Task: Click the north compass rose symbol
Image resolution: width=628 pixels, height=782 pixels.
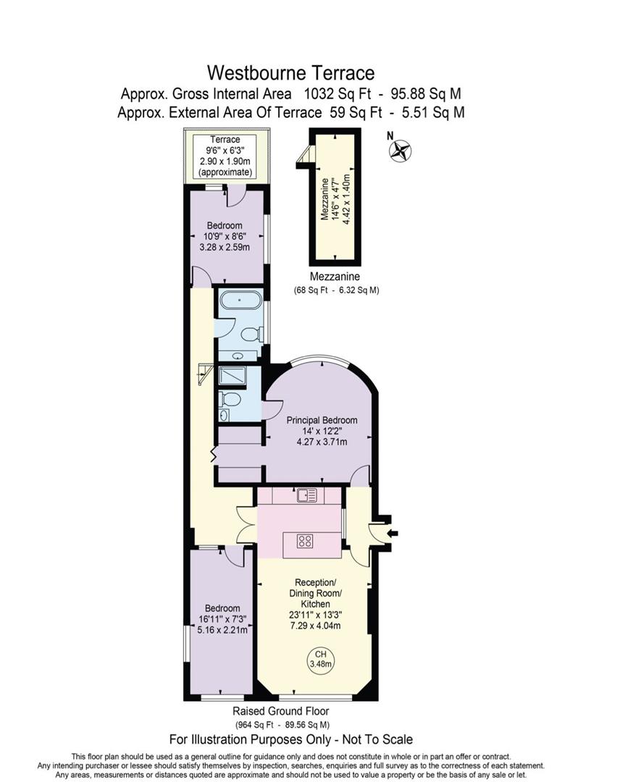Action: pos(399,150)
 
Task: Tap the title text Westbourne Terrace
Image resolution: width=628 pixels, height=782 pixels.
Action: pos(290,72)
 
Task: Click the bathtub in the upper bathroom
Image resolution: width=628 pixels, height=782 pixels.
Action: pos(239,301)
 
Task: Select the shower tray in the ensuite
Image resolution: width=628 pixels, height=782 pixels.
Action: pos(233,376)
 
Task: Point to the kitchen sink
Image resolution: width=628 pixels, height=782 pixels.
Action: pos(306,495)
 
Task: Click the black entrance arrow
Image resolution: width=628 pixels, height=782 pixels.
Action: pos(393,534)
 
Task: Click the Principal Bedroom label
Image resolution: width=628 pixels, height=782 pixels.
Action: pos(322,420)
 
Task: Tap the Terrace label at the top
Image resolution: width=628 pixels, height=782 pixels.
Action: pos(225,140)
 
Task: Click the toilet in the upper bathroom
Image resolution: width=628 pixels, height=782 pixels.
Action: pos(251,334)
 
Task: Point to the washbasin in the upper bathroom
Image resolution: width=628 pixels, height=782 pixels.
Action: pos(239,356)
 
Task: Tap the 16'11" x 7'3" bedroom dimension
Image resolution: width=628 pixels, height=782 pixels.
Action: pos(222,619)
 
